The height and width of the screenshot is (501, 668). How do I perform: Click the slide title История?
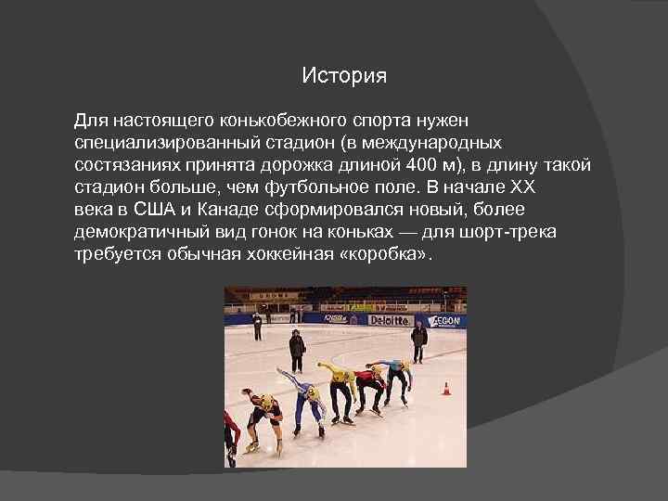(343, 76)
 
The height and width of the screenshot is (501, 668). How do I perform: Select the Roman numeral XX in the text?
(524, 186)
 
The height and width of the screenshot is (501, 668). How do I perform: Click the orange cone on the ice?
(446, 389)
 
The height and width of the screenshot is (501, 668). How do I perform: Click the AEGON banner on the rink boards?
(448, 319)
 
